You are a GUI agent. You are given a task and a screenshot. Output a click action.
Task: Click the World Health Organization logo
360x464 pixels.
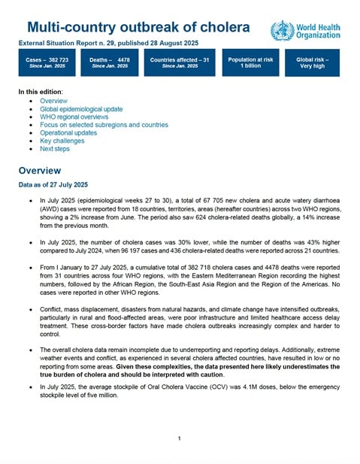coord(305,31)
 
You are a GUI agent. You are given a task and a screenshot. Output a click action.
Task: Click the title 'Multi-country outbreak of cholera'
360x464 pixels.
coord(135,28)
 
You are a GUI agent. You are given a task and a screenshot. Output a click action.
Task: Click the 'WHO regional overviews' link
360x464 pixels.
coord(72,117)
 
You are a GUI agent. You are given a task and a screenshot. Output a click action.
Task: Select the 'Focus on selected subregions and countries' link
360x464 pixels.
coord(104,125)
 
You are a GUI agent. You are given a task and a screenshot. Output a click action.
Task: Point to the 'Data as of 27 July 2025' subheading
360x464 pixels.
coord(53,185)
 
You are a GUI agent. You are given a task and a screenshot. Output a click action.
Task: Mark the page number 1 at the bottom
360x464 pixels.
coord(180,438)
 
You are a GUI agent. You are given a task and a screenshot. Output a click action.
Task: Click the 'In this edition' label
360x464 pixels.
coord(41,92)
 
